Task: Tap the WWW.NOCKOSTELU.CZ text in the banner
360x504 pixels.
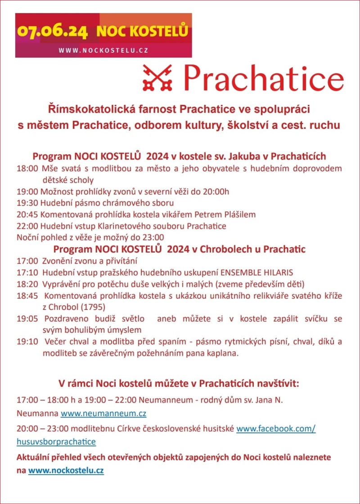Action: point(103,50)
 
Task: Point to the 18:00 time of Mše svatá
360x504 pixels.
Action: point(27,169)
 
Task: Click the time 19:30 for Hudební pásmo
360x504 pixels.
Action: point(27,203)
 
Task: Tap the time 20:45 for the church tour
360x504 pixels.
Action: point(27,214)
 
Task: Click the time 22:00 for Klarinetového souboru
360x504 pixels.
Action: point(27,226)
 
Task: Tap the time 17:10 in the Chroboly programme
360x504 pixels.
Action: point(27,272)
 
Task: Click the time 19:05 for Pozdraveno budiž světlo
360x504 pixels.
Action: point(27,318)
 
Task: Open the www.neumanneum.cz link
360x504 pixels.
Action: point(103,413)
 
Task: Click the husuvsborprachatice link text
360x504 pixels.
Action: point(56,441)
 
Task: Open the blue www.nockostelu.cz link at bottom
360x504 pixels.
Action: point(66,471)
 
